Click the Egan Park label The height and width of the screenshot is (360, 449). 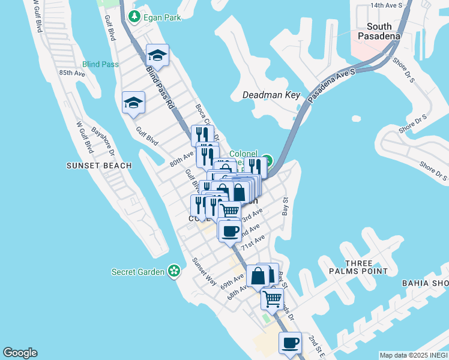pyautogui.click(x=161, y=17)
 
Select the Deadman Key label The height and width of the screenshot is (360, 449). pyautogui.click(x=271, y=95)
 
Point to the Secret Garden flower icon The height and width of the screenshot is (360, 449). pyautogui.click(x=174, y=271)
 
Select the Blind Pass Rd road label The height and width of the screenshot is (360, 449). pyautogui.click(x=160, y=85)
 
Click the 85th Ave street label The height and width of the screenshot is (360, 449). pyautogui.click(x=71, y=73)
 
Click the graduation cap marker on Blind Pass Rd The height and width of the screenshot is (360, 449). pyautogui.click(x=158, y=56)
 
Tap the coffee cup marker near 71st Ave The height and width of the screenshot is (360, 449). pyautogui.click(x=229, y=231)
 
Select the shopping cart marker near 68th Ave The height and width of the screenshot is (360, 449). pyautogui.click(x=273, y=298)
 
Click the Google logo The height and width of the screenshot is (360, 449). pyautogui.click(x=20, y=353)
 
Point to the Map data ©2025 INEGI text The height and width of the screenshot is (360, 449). pyautogui.click(x=414, y=355)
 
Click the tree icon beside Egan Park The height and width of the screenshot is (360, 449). pyautogui.click(x=136, y=17)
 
